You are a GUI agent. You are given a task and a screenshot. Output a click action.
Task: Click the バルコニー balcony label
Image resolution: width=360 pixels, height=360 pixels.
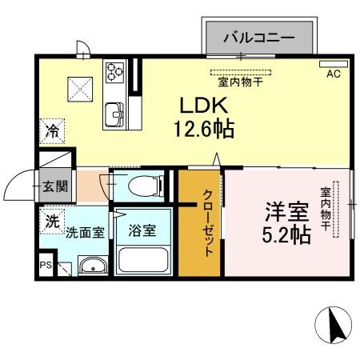(x=258, y=36)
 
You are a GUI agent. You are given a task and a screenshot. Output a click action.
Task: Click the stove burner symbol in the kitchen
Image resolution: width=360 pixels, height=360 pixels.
(x=115, y=71)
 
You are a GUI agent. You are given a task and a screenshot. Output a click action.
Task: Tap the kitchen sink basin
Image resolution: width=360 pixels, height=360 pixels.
(x=114, y=114)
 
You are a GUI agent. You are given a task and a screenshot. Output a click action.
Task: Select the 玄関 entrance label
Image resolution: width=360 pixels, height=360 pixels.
(x=55, y=187)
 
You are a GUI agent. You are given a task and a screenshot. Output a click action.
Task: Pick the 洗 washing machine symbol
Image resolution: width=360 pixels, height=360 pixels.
(x=52, y=221)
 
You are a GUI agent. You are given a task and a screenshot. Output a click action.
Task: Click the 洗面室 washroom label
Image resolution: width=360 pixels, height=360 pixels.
(x=84, y=233)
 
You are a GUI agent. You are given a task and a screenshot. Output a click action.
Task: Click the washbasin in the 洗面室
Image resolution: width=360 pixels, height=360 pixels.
(x=91, y=267)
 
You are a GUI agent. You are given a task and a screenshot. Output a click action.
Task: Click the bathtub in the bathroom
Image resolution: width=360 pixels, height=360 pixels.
(x=142, y=260)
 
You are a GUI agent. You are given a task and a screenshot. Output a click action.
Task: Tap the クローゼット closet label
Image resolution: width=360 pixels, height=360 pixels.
(x=206, y=222)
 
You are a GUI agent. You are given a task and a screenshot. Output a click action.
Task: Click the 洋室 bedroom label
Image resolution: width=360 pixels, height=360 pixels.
(x=287, y=212)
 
